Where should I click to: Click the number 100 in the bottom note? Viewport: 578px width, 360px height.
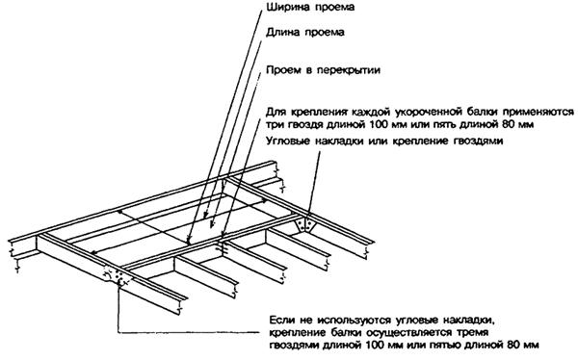point(376,346)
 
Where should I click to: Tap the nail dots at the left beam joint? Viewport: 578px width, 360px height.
point(118,275)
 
